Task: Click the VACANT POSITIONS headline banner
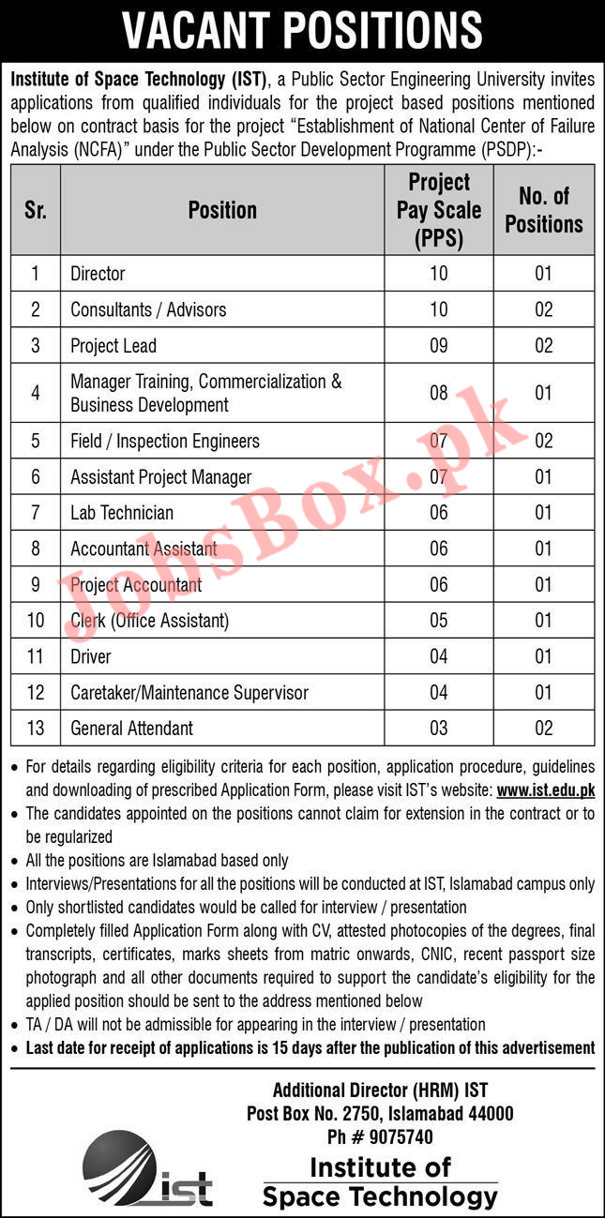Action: pyautogui.click(x=302, y=30)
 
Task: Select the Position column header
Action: pyautogui.click(x=222, y=210)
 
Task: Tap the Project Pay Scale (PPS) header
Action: pyautogui.click(x=439, y=210)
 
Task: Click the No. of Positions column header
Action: pyautogui.click(x=544, y=210)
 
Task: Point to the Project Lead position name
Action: pyautogui.click(x=113, y=346)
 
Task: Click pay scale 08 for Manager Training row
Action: pyautogui.click(x=439, y=393)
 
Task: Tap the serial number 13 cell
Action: pyautogui.click(x=36, y=729)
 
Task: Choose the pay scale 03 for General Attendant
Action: pyautogui.click(x=439, y=729)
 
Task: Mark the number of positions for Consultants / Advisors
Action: pyautogui.click(x=544, y=310)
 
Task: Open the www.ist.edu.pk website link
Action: pyautogui.click(x=545, y=790)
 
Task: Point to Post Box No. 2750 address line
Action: pyautogui.click(x=393, y=1114)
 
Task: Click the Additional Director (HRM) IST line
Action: pyautogui.click(x=380, y=1090)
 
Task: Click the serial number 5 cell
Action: pyautogui.click(x=36, y=441)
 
